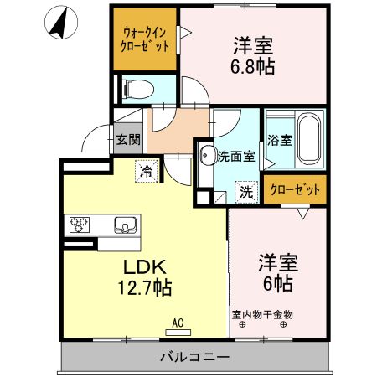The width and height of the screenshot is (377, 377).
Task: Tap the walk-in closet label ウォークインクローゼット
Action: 145,38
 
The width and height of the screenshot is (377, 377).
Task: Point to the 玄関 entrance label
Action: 127,139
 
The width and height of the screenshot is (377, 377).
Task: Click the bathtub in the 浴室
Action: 307,139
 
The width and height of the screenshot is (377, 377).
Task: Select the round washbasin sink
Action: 207,154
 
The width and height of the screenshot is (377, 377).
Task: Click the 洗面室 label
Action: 234,155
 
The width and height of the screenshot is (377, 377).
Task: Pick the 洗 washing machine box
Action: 246,191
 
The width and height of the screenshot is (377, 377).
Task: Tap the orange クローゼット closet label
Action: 295,190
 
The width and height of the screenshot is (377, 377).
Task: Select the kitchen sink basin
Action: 124,224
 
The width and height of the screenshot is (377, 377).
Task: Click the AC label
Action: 177,320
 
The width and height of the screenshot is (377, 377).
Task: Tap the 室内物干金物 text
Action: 262,315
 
